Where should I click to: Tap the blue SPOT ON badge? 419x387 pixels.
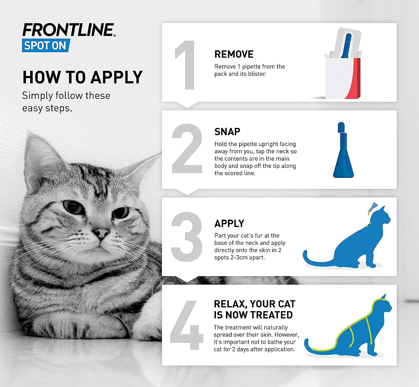coord(45,46)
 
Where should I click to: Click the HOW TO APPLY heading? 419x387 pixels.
coord(82,77)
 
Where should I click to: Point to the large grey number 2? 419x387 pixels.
coord(187,149)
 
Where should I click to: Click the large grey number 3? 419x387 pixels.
coord(186,237)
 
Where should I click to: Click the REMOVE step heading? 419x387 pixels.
coord(234,54)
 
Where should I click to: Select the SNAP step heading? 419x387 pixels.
coord(227,132)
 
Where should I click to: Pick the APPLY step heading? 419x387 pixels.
coord(229,223)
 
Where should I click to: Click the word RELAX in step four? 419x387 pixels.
coord(230,304)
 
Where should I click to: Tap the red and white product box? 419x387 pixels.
coord(343,77)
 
